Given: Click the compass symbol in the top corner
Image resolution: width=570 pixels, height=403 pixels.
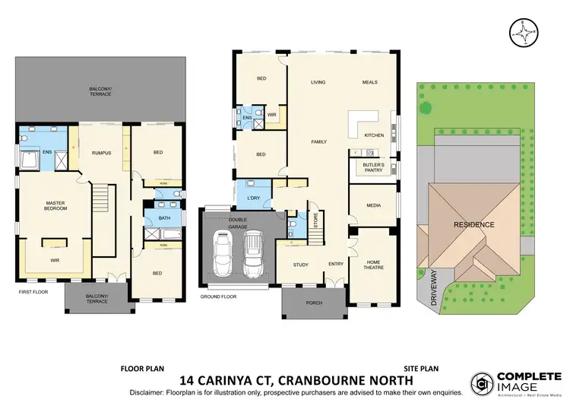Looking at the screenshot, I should [x=522, y=32].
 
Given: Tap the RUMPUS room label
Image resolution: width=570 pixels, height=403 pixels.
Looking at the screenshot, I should [x=102, y=153].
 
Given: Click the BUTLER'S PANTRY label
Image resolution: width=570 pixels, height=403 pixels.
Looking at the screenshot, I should [x=372, y=168].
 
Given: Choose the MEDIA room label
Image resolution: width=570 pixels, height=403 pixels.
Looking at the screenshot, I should [x=373, y=206].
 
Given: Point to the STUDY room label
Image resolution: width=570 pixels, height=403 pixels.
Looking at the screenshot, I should [x=300, y=265].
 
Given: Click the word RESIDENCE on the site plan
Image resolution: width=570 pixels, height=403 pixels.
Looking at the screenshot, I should [x=474, y=224].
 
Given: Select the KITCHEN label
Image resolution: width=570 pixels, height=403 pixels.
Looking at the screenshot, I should [x=375, y=135].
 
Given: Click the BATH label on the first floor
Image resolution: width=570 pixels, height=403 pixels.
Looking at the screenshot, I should [x=165, y=221].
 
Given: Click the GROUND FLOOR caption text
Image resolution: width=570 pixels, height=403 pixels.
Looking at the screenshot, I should [x=218, y=297].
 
